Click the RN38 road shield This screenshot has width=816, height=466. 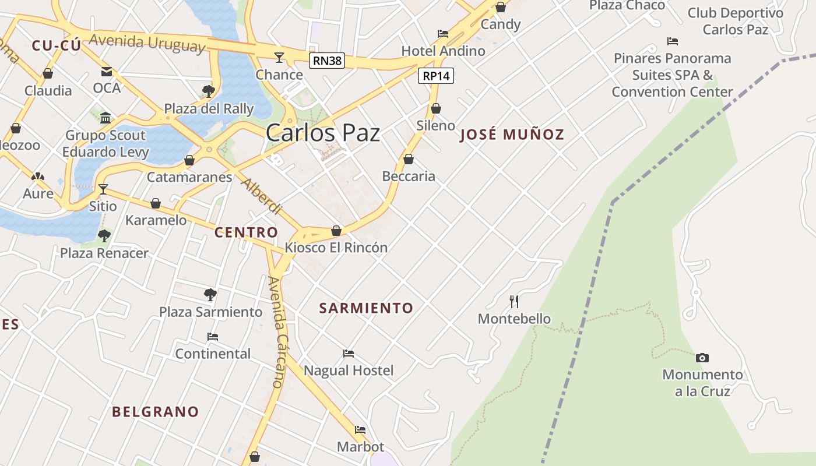327,59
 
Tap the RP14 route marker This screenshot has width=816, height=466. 435,76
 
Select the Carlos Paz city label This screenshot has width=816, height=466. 323,133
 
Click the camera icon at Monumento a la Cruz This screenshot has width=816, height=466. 702,358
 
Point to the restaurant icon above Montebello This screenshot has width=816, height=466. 514,301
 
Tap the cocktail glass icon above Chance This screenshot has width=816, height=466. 279,57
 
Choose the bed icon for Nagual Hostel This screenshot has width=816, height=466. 349,354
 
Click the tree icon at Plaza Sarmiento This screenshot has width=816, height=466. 210,295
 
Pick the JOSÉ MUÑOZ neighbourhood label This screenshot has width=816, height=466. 512,135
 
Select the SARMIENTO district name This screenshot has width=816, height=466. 366,308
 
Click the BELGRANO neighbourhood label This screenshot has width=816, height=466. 155,412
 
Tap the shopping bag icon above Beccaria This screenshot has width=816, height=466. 409,159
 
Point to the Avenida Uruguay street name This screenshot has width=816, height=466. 147,43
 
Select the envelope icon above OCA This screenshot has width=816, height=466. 107,72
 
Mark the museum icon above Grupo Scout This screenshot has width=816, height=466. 105,118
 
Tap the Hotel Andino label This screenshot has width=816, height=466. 443,51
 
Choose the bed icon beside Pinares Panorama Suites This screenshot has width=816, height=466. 673,41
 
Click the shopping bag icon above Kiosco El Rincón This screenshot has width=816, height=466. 336,231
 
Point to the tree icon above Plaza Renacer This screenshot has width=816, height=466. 104,236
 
